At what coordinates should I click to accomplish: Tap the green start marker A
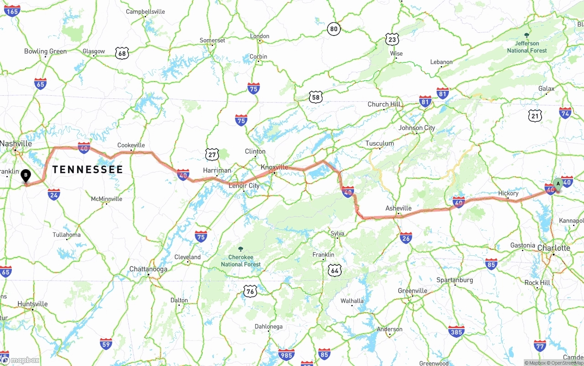pos(558,184)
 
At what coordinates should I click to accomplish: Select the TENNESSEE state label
pos(88,170)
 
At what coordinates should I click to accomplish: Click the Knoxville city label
pos(274,167)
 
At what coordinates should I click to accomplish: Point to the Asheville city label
pos(398,208)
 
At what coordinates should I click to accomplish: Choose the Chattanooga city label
pos(148,269)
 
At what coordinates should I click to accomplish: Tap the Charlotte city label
pos(554,248)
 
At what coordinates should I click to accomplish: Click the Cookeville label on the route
pos(131,145)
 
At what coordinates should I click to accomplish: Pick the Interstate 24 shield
pos(54,195)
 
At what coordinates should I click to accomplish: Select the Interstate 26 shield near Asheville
pos(406,237)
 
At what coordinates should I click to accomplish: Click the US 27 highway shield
pos(212,155)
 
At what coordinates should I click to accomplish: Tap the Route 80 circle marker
pos(334,29)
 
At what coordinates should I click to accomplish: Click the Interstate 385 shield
pos(456,331)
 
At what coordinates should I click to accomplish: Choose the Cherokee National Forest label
pos(241,261)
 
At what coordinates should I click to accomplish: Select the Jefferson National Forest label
pos(527,46)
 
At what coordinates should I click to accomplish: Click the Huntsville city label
pos(32,304)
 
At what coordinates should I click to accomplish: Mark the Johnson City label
pos(417,128)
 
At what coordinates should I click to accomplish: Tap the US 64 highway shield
pos(335,270)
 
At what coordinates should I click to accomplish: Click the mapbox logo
pos(21,360)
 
